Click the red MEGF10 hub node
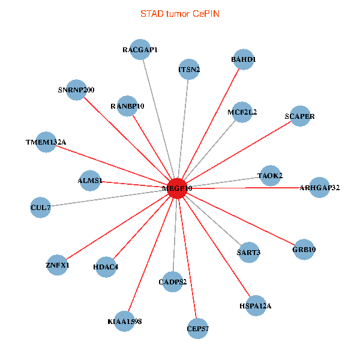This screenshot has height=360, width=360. point(176,188)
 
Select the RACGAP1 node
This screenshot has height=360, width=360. point(140,50)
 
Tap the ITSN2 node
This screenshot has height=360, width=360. point(189,69)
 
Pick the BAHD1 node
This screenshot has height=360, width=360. point(244,60)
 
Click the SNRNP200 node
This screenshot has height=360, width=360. point(76,90)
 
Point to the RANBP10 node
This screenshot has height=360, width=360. point(127,106)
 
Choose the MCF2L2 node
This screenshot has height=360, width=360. point(242,112)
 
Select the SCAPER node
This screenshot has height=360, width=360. point(299,116)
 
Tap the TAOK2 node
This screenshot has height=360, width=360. point(269,175)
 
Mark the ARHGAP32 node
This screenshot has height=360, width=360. point(319,188)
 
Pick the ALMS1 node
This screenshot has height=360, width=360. point(90,181)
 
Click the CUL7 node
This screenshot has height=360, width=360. point(41,208)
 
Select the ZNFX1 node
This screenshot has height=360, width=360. point(58,265)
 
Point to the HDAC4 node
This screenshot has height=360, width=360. point(106,267)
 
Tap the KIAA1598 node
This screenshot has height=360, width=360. point(124,322)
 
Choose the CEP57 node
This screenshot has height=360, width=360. point(198,329)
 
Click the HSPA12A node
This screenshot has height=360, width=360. point(256,306)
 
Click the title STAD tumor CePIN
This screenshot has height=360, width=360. point(179,13)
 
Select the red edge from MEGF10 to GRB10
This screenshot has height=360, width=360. point(240,218)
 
